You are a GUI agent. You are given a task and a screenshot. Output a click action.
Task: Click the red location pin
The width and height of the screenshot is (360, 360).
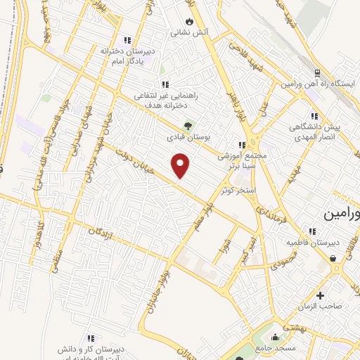[x=181, y=165]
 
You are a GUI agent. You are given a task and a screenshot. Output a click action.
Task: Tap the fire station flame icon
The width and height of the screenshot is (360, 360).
[x=188, y=22]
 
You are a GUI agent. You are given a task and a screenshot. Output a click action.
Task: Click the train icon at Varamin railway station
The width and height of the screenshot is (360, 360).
[x=317, y=73]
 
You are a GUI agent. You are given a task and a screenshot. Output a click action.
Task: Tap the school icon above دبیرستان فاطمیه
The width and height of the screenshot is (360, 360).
[x=311, y=231]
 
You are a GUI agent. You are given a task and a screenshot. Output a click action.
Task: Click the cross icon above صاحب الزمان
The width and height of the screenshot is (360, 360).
[x=321, y=295]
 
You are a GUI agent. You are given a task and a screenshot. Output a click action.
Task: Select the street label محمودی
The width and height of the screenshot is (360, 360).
[x=282, y=262]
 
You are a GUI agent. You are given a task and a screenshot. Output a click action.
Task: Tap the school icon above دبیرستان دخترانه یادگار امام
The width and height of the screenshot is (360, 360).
[x=127, y=40]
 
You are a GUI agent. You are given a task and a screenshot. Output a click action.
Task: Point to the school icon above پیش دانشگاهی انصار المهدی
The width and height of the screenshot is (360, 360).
[x=314, y=116]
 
